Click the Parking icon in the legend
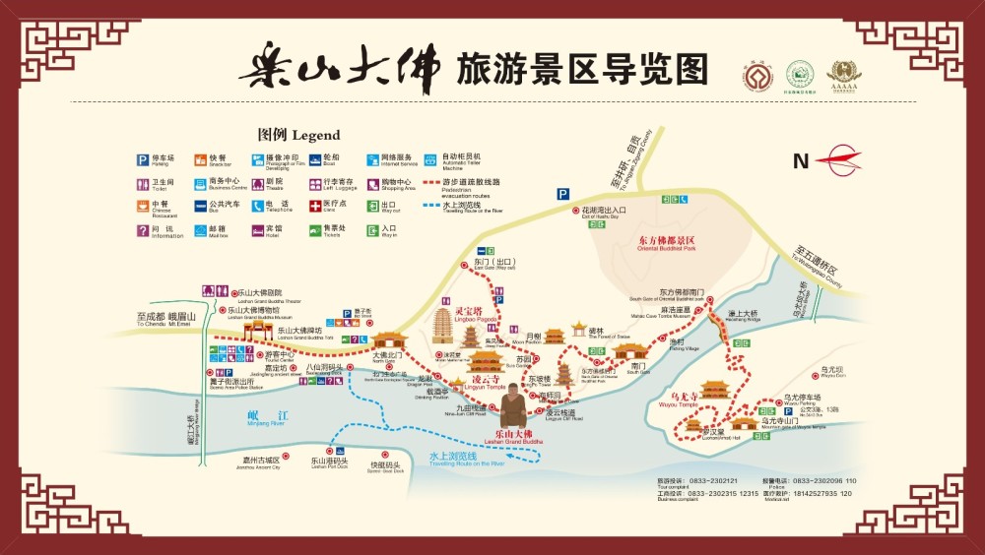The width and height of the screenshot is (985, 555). (143, 158)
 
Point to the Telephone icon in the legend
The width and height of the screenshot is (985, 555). (257, 207)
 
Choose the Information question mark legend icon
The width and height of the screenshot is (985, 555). (143, 231)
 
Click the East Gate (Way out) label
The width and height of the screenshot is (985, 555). (493, 264)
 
